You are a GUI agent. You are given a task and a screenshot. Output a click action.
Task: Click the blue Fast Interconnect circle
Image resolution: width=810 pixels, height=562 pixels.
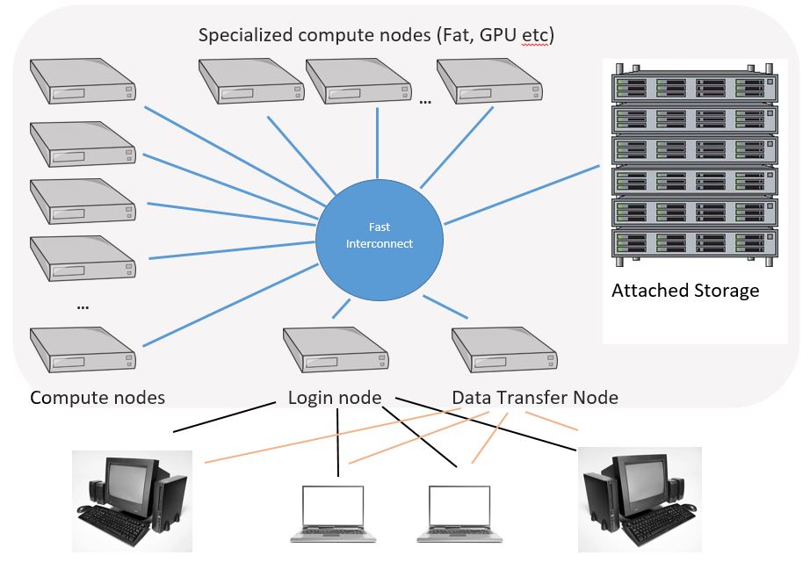378,235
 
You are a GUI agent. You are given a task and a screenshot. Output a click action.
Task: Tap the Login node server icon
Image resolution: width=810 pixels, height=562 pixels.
335,350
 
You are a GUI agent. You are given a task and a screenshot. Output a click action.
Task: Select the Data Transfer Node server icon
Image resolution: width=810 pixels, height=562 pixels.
504,350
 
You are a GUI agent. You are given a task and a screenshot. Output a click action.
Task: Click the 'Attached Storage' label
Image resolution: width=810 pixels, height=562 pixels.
685,291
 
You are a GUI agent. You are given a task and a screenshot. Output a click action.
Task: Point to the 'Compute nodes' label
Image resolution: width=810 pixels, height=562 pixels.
98,398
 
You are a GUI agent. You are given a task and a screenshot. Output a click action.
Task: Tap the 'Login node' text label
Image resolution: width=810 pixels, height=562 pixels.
335,398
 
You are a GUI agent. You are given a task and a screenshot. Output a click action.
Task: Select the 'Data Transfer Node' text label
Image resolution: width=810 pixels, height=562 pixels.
534,398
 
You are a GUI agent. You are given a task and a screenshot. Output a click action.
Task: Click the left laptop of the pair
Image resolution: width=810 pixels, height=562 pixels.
335,513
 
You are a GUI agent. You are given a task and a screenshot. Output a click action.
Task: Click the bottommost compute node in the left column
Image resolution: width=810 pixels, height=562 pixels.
83,350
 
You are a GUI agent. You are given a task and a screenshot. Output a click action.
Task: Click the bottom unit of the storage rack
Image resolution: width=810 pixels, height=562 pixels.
695,241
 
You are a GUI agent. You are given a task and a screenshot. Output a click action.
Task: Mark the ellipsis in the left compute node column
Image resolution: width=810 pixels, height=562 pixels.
83,306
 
